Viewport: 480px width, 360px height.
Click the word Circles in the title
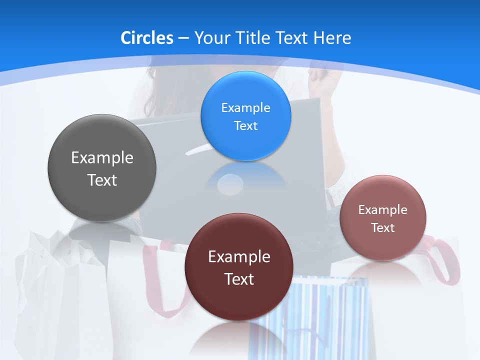tap(146, 37)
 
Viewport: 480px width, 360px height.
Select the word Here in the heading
tap(331, 37)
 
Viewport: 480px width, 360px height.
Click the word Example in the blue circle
tap(245, 107)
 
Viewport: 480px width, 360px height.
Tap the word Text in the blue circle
tap(245, 125)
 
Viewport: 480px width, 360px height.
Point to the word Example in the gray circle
tap(102, 157)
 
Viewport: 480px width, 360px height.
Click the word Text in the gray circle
tap(102, 180)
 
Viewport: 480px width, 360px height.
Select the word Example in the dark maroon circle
tap(239, 256)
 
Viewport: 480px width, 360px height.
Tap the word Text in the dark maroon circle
tap(239, 279)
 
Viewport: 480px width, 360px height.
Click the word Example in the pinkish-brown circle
tap(383, 209)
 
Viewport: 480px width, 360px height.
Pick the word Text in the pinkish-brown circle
tap(383, 227)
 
